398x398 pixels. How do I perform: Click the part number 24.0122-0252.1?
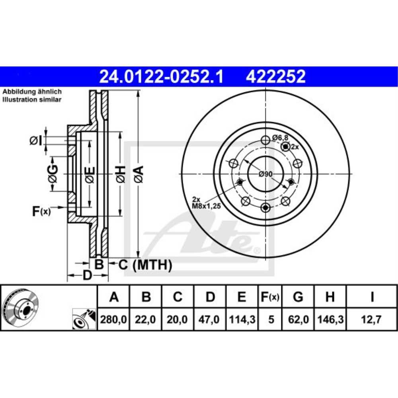tap(161, 76)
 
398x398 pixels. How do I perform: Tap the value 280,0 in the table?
tap(114, 319)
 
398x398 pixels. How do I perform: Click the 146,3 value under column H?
tap(330, 319)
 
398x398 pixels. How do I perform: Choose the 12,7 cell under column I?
tap(372, 319)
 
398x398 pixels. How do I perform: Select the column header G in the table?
tap(298, 297)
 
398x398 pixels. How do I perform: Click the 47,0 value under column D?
tap(210, 319)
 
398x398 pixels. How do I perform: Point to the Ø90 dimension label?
tap(265, 174)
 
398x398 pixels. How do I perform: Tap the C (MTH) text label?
tap(145, 264)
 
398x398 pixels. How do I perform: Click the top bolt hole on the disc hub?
tap(265, 140)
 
